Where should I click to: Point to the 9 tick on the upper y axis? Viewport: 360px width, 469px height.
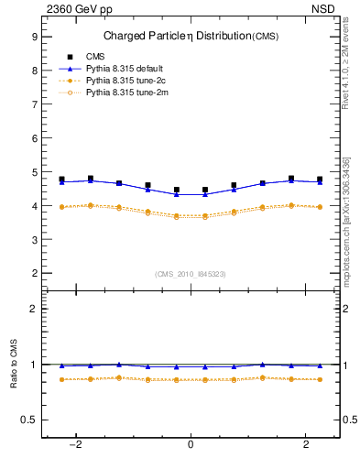click(34, 37)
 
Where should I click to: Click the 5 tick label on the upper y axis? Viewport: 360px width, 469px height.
click(34, 172)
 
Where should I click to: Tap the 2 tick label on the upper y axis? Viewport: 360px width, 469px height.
click(34, 273)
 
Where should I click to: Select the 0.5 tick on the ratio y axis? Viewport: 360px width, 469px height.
click(29, 420)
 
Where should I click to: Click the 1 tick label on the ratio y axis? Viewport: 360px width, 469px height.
click(34, 365)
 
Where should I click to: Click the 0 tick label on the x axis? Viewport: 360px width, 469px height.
click(191, 444)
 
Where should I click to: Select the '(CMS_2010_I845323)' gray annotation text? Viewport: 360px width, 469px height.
click(191, 273)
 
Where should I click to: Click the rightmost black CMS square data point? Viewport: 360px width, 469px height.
click(320, 180)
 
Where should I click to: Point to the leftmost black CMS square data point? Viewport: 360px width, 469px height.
click(61, 180)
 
